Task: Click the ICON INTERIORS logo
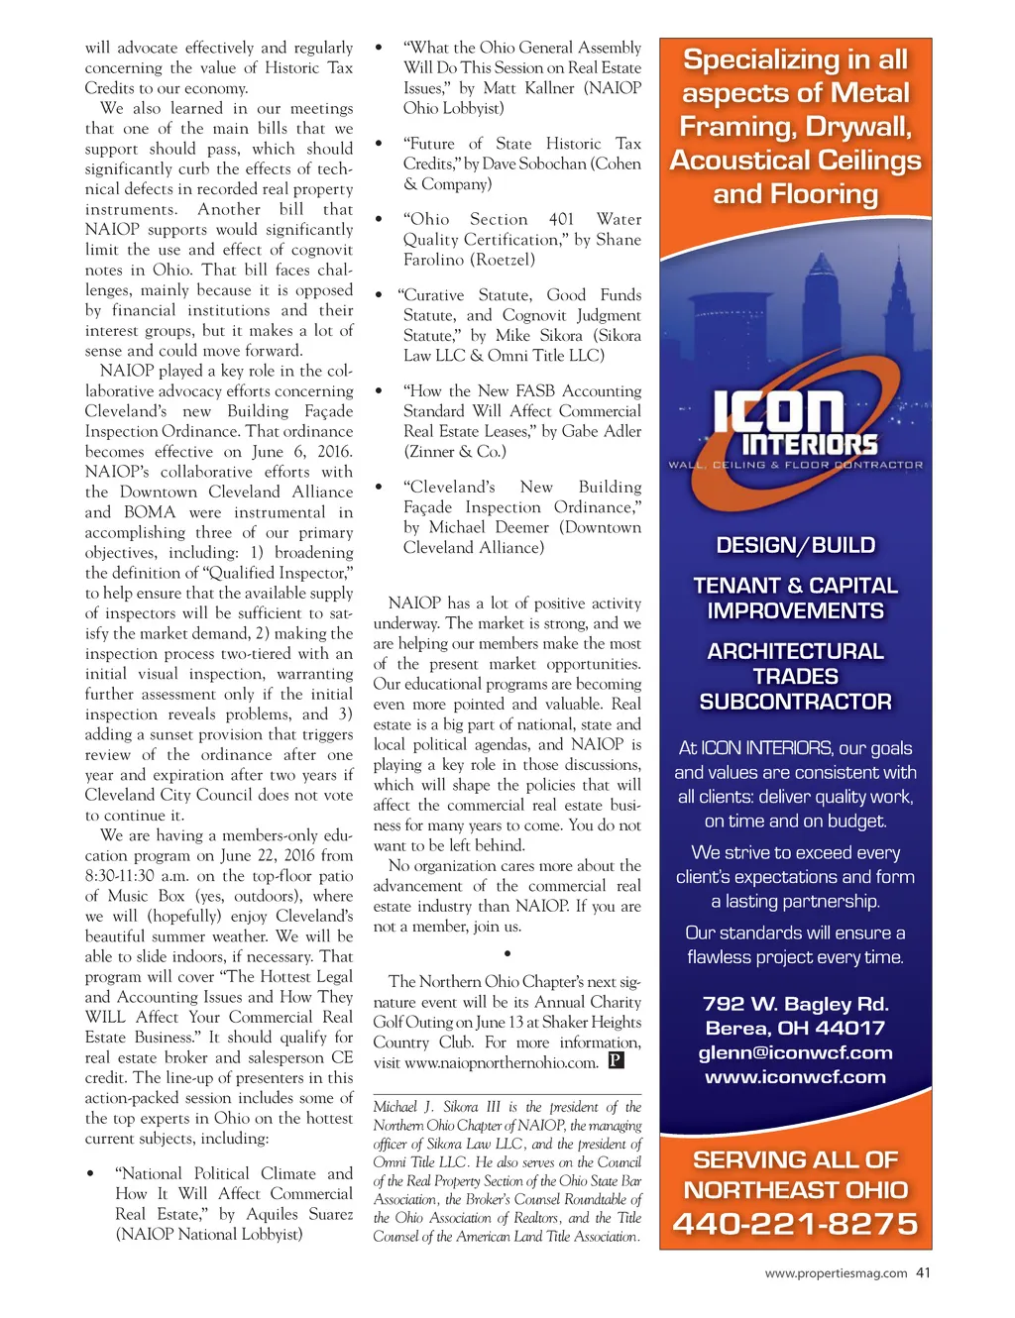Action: point(795,423)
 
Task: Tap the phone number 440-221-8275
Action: point(795,1224)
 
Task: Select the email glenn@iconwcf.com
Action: point(795,1052)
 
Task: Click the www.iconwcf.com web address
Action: point(795,1077)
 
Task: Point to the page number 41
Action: point(923,1273)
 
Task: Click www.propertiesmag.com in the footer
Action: point(836,1273)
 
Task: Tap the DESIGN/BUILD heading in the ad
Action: point(795,545)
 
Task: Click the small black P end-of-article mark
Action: point(616,1061)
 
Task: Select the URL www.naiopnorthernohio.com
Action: point(502,1063)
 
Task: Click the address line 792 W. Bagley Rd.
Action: point(795,1004)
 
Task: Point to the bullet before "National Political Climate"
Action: point(91,1174)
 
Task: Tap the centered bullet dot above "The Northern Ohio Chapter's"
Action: point(507,953)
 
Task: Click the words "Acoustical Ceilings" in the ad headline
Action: point(795,161)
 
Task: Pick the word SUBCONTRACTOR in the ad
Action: point(795,702)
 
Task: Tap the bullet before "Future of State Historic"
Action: point(379,145)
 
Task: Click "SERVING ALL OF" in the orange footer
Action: point(795,1159)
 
